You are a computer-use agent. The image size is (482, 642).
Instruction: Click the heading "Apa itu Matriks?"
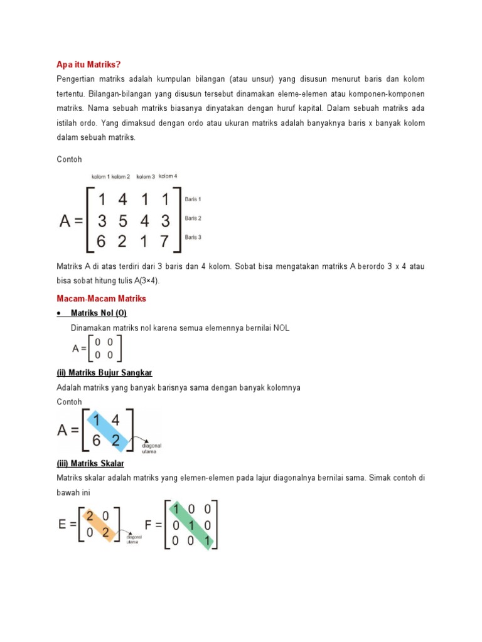pyautogui.click(x=88, y=65)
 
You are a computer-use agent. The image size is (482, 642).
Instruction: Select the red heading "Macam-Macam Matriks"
pyautogui.click(x=101, y=298)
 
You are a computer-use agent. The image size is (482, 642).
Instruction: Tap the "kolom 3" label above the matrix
pyautogui.click(x=146, y=177)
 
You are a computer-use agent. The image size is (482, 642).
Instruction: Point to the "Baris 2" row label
pyautogui.click(x=193, y=218)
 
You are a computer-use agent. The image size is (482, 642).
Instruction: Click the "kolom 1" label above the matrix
pyautogui.click(x=101, y=177)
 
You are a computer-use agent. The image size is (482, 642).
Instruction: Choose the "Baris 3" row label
pyautogui.click(x=193, y=238)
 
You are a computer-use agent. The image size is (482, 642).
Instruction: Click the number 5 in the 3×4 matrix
pyautogui.click(x=122, y=220)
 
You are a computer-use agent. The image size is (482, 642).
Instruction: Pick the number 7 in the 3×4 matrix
pyautogui.click(x=164, y=240)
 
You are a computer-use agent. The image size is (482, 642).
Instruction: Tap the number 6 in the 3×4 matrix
pyautogui.click(x=102, y=240)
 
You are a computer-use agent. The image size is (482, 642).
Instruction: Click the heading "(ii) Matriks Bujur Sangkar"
pyautogui.click(x=105, y=373)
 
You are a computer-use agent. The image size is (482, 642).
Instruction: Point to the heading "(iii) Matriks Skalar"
pyautogui.click(x=90, y=463)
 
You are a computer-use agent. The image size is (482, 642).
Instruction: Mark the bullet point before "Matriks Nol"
pyautogui.click(x=59, y=313)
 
